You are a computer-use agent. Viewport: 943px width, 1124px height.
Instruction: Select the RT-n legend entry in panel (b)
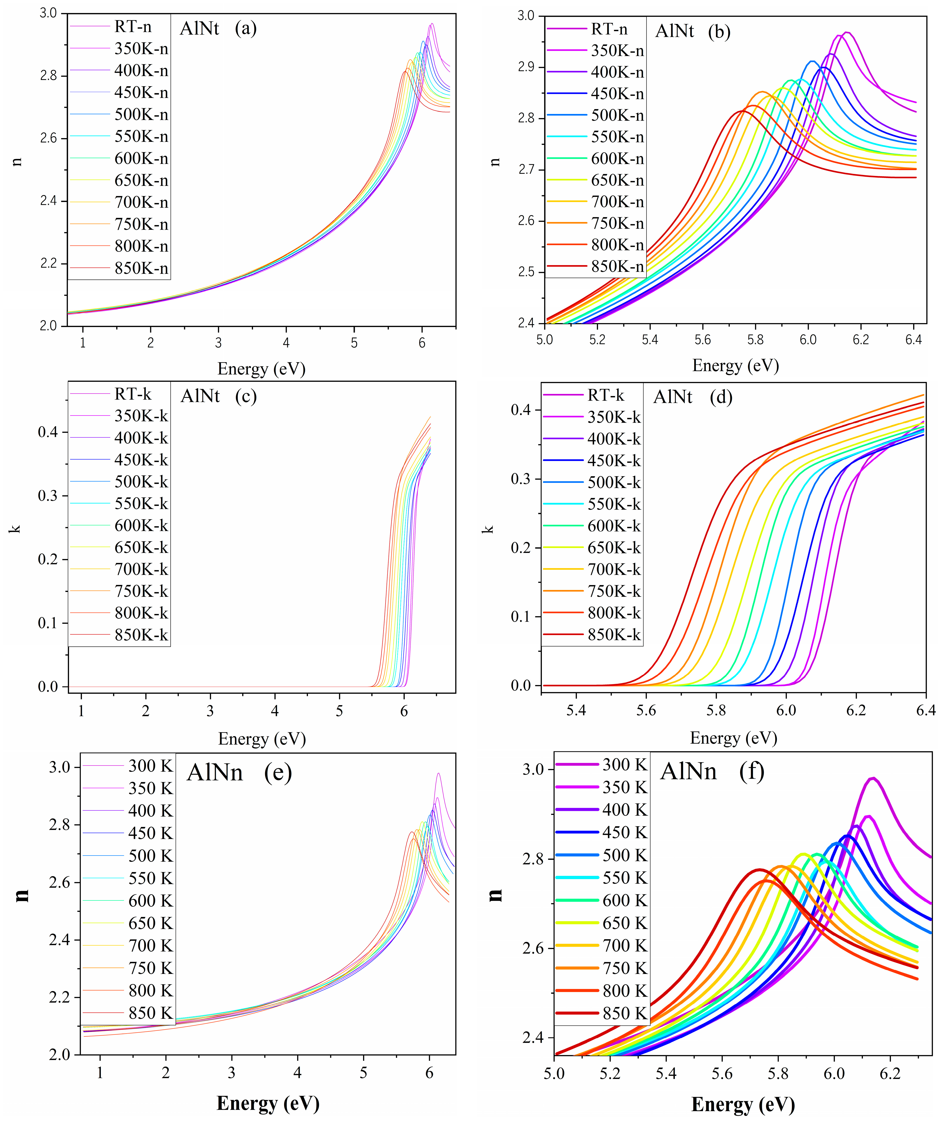609,29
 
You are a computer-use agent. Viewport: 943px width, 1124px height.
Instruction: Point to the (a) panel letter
246,28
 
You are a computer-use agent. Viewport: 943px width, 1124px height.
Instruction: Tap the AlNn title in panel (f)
688,771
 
